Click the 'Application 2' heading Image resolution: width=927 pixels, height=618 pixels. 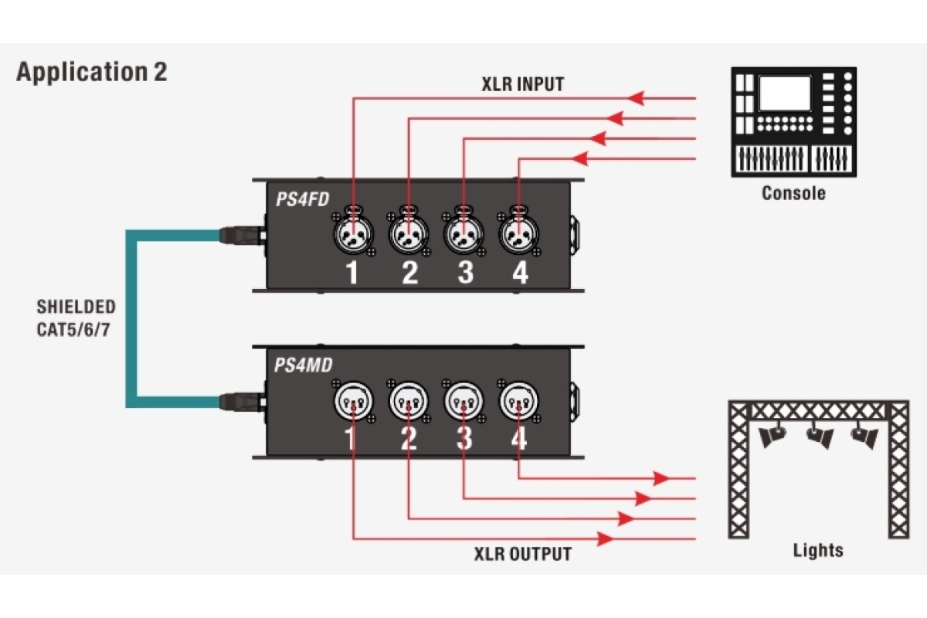coord(91,72)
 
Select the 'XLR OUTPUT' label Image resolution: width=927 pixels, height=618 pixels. coord(523,554)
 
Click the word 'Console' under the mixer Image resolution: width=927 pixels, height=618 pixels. coord(793,193)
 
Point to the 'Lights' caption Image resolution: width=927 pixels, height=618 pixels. coord(818,551)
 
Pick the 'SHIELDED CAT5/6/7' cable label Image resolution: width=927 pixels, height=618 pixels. coord(76,317)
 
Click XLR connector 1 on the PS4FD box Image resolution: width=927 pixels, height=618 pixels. coord(352,233)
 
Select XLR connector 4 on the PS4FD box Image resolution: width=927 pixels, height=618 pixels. coord(518,233)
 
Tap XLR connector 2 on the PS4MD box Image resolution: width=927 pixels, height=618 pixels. coord(408,401)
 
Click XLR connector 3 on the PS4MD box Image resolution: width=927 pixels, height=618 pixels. coord(463,401)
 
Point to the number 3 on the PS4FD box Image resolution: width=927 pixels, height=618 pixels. coord(464,273)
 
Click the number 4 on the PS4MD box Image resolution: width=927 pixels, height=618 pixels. coord(518,439)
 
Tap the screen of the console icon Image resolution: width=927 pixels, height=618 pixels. coord(784,94)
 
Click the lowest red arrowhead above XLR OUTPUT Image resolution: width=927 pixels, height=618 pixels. coord(607,538)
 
